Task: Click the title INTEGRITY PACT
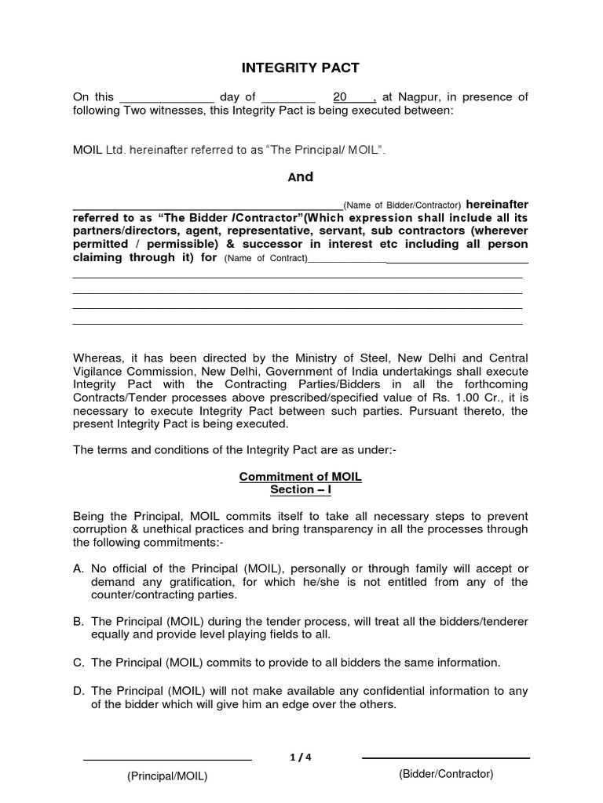click(301, 68)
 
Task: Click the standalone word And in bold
click(301, 177)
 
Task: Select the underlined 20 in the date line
click(340, 97)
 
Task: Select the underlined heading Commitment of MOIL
click(301, 477)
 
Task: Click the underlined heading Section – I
click(301, 490)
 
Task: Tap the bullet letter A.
click(78, 568)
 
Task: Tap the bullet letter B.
click(78, 621)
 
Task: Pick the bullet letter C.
click(78, 663)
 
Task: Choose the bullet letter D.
click(78, 691)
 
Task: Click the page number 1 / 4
click(301, 757)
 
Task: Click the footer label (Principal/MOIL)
click(167, 776)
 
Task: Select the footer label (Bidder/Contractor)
click(445, 774)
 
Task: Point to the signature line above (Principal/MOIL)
click(167, 760)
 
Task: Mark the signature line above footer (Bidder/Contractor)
click(445, 758)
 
